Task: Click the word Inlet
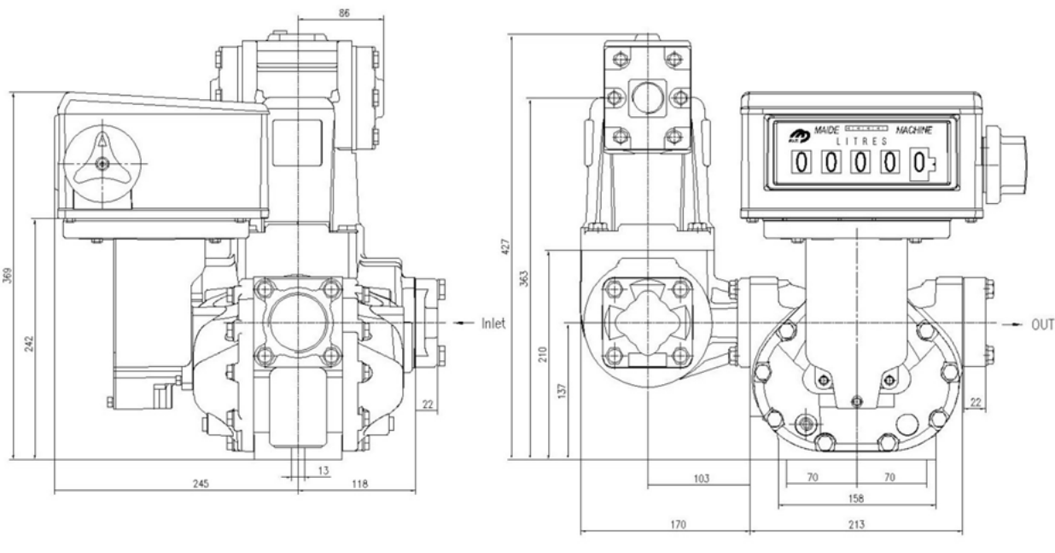(x=493, y=323)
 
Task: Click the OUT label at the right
(x=1042, y=324)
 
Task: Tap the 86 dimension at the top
(x=344, y=13)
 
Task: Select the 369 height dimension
(x=8, y=276)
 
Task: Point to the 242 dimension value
(x=29, y=344)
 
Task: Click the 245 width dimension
(x=201, y=483)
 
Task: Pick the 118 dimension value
(x=360, y=483)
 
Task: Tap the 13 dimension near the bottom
(x=323, y=470)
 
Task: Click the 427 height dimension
(x=505, y=247)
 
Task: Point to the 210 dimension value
(x=543, y=354)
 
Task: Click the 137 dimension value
(x=562, y=391)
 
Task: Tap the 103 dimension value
(x=702, y=479)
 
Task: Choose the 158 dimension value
(x=855, y=498)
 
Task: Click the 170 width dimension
(x=678, y=524)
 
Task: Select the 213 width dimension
(x=856, y=524)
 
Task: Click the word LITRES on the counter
(x=861, y=142)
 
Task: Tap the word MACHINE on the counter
(x=913, y=130)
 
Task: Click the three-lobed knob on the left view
(x=102, y=164)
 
